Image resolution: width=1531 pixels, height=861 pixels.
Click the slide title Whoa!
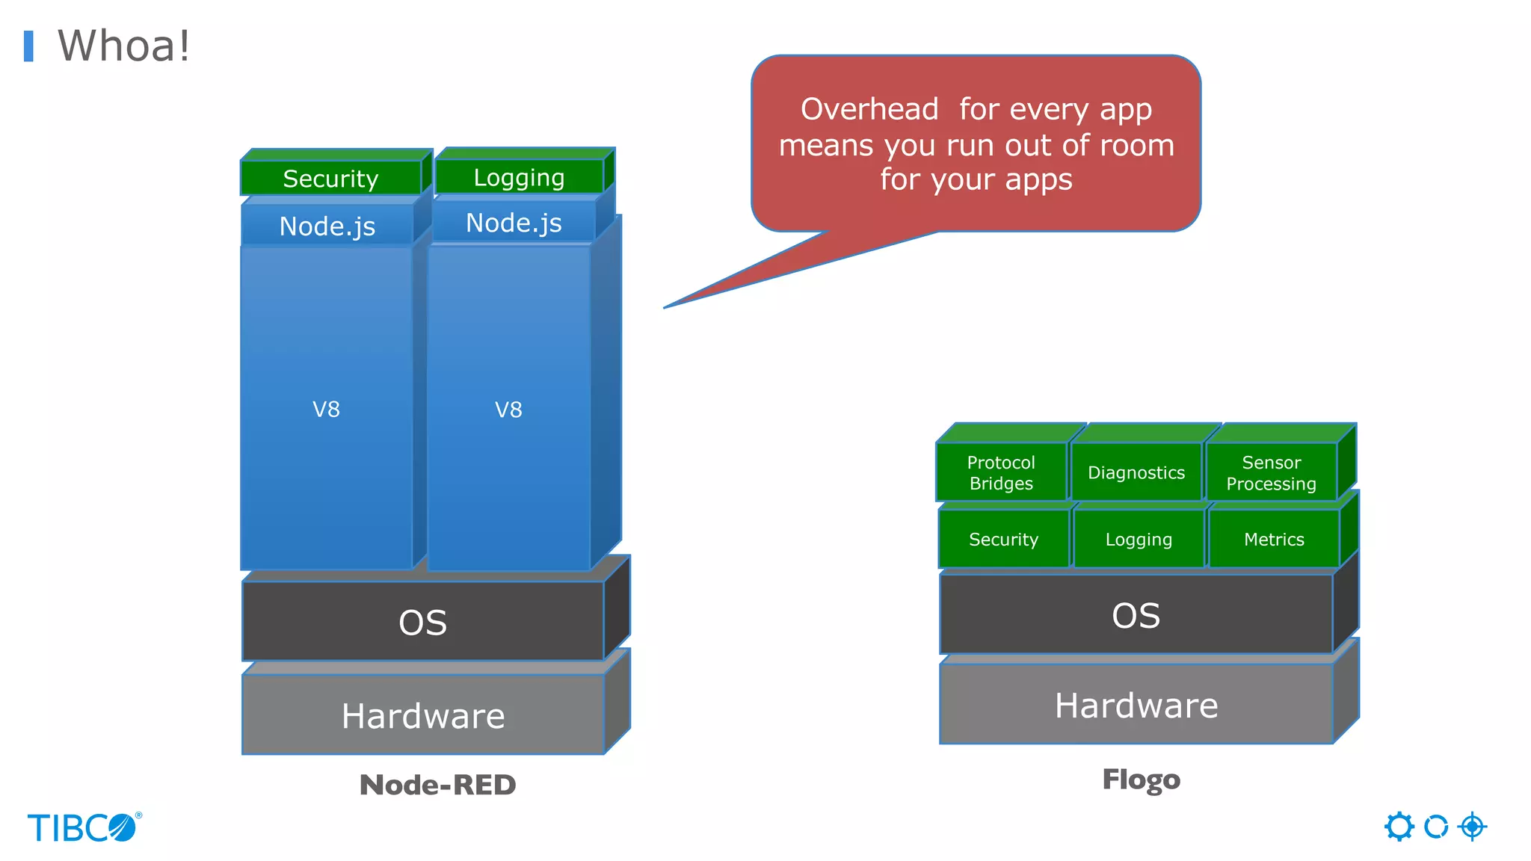pos(123,46)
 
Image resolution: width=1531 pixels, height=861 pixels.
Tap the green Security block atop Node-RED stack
pos(330,178)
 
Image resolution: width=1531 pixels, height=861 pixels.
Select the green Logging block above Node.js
pos(519,177)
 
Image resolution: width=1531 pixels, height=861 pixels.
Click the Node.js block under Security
pos(327,226)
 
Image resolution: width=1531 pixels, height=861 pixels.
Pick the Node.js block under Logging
pos(514,223)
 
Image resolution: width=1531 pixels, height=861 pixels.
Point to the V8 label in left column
pos(326,410)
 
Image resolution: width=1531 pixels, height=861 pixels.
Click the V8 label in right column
pos(508,410)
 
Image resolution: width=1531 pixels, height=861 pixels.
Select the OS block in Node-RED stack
pos(423,622)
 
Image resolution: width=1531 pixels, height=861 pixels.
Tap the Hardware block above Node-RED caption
pos(423,715)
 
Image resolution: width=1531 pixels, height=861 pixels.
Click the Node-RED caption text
pos(437,785)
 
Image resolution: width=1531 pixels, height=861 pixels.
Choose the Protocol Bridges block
pos(1001,472)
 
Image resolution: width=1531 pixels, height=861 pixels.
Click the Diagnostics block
pos(1136,472)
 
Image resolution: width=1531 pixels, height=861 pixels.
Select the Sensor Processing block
pos(1271,472)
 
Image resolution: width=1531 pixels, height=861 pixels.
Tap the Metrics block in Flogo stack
pos(1274,539)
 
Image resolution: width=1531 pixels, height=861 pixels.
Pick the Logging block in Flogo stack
pos(1139,539)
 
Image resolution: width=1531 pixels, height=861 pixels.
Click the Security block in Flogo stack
pos(1003,539)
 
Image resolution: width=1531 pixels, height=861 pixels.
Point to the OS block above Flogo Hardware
pos(1136,615)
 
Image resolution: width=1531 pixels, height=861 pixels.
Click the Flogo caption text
pos(1141,779)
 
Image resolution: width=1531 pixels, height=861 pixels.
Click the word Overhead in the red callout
pos(869,109)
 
